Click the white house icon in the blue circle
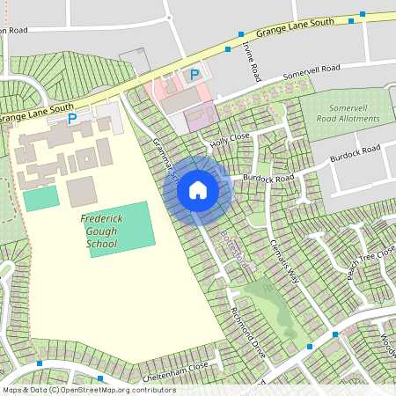click(198, 189)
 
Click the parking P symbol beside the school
click(72, 118)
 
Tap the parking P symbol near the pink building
click(194, 76)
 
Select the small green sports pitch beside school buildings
click(40, 198)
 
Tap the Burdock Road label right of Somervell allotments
click(355, 154)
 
